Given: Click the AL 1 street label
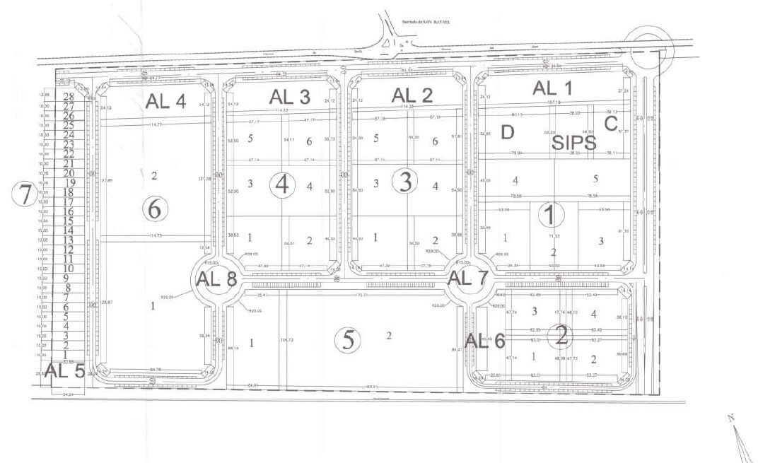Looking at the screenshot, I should click(555, 88).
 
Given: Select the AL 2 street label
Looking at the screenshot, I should click(412, 95).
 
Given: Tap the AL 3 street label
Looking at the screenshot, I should click(290, 98).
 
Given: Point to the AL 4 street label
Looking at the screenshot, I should click(165, 101).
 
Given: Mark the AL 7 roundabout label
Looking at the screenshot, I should click(469, 278).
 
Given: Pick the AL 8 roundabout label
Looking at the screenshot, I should click(216, 279).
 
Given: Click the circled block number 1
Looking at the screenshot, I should click(552, 213).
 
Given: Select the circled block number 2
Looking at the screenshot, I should click(561, 336).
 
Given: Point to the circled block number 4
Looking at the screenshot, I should click(283, 186).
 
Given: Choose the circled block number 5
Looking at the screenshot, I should click(348, 341).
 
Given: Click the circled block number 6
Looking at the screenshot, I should click(155, 209).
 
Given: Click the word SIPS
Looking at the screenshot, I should click(574, 141).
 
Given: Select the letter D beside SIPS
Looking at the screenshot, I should click(507, 132).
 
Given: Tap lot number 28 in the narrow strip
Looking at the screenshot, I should click(69, 98).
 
